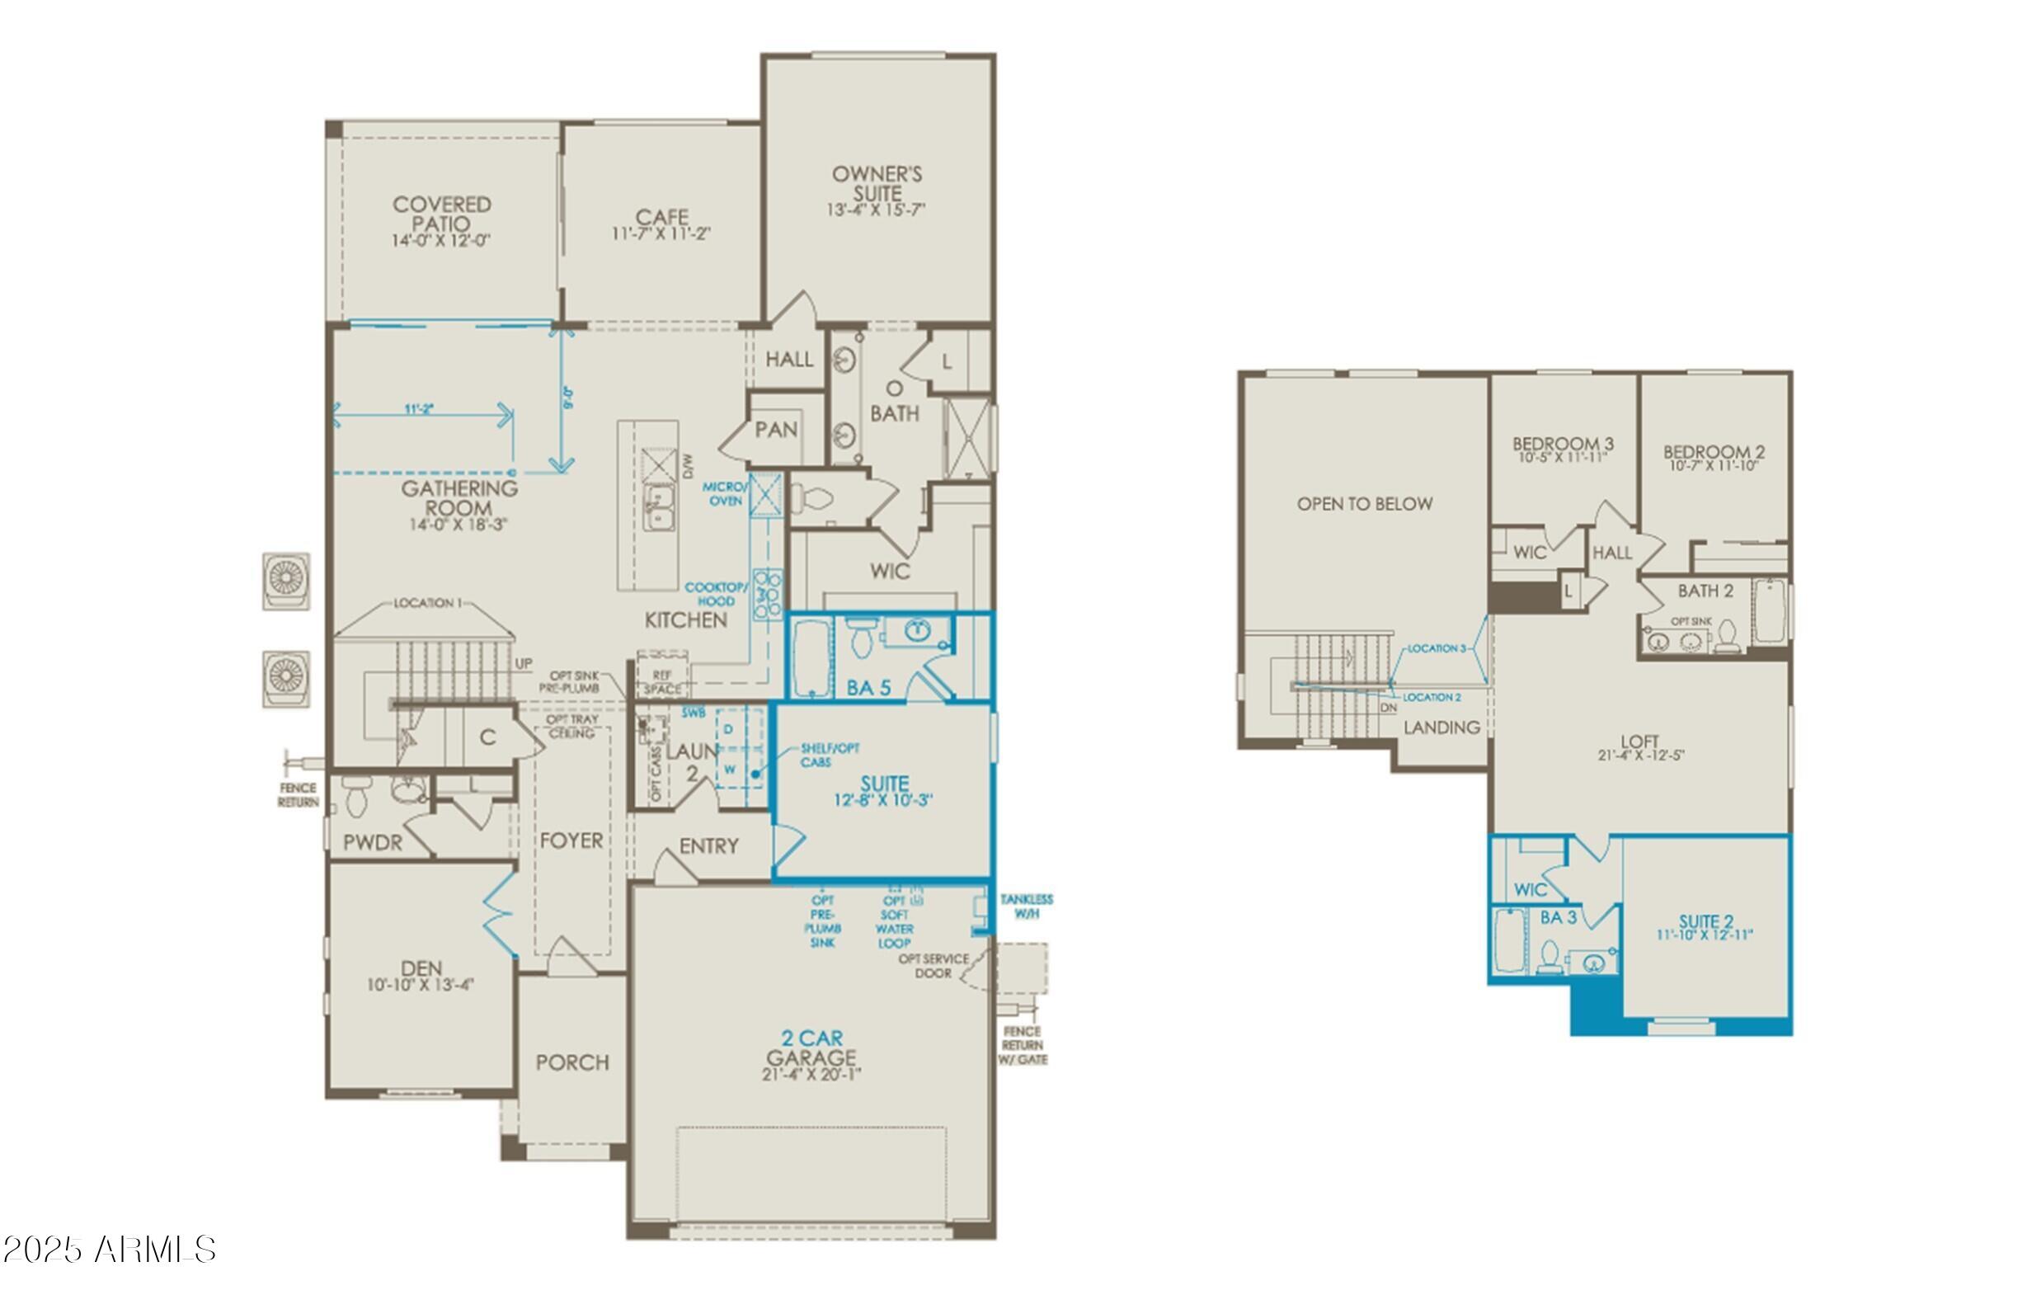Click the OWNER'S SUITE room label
click(x=877, y=184)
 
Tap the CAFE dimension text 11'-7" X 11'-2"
click(x=661, y=234)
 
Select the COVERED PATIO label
click(x=441, y=214)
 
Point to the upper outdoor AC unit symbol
click(x=285, y=581)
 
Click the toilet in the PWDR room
click(x=355, y=797)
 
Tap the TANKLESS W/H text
click(x=1026, y=906)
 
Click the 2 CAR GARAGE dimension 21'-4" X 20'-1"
click(x=811, y=1075)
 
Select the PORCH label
click(x=572, y=1062)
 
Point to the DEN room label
click(x=421, y=968)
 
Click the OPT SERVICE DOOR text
click(x=934, y=966)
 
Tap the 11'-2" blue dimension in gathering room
click(x=419, y=409)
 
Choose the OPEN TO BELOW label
click(x=1364, y=504)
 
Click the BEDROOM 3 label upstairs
click(x=1562, y=444)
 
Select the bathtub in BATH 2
click(x=1769, y=611)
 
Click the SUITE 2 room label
click(x=1705, y=921)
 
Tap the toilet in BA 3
click(x=1550, y=958)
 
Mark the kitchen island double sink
click(x=658, y=506)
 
